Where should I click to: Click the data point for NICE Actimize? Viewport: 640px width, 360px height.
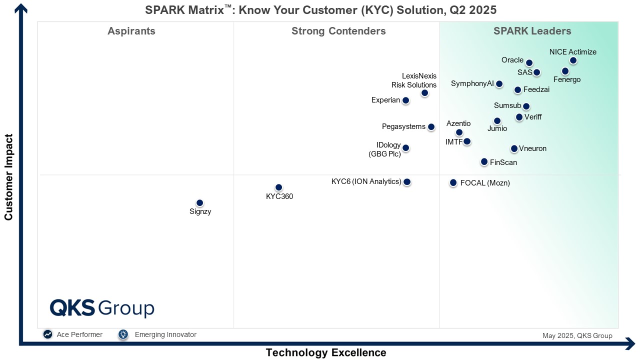(573, 60)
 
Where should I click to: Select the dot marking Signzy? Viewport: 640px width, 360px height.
(200, 203)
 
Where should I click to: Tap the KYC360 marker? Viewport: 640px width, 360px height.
(279, 187)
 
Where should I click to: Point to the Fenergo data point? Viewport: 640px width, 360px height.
(565, 71)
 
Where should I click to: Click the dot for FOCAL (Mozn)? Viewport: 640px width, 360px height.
(453, 183)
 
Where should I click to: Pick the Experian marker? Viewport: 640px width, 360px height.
(405, 100)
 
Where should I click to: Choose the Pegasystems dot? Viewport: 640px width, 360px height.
(431, 127)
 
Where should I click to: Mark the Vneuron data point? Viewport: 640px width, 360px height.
(514, 148)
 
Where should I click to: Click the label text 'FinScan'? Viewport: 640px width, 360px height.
(503, 162)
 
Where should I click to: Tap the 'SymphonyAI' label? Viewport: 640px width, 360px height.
(472, 83)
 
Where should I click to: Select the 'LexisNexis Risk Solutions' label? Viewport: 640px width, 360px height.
(414, 80)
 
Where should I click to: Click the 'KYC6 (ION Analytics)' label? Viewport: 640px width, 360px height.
(366, 181)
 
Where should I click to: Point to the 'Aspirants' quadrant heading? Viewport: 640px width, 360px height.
(131, 31)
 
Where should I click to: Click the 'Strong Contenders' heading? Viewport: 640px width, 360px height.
(338, 31)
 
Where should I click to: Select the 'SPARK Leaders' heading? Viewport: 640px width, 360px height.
(532, 31)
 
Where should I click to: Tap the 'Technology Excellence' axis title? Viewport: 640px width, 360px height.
(326, 352)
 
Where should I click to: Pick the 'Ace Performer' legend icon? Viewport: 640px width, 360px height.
(48, 334)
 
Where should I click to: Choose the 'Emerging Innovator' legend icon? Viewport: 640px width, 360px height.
(123, 334)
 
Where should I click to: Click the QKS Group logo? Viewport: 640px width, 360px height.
(102, 308)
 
